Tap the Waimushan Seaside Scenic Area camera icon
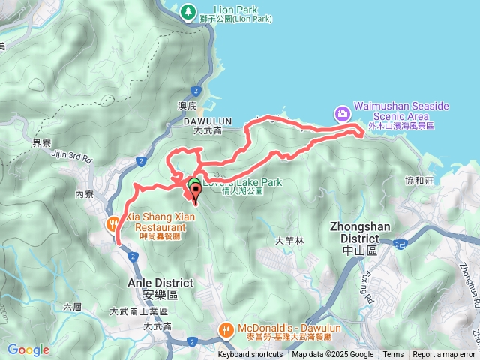(x=342, y=113)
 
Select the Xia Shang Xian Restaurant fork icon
(x=113, y=223)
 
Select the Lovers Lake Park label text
(x=242, y=181)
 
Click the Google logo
(x=28, y=349)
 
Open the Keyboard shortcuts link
(x=251, y=355)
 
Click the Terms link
(x=393, y=355)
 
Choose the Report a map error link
(x=445, y=355)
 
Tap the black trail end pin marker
(x=196, y=197)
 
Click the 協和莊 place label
(x=419, y=180)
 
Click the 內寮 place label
(x=83, y=193)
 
